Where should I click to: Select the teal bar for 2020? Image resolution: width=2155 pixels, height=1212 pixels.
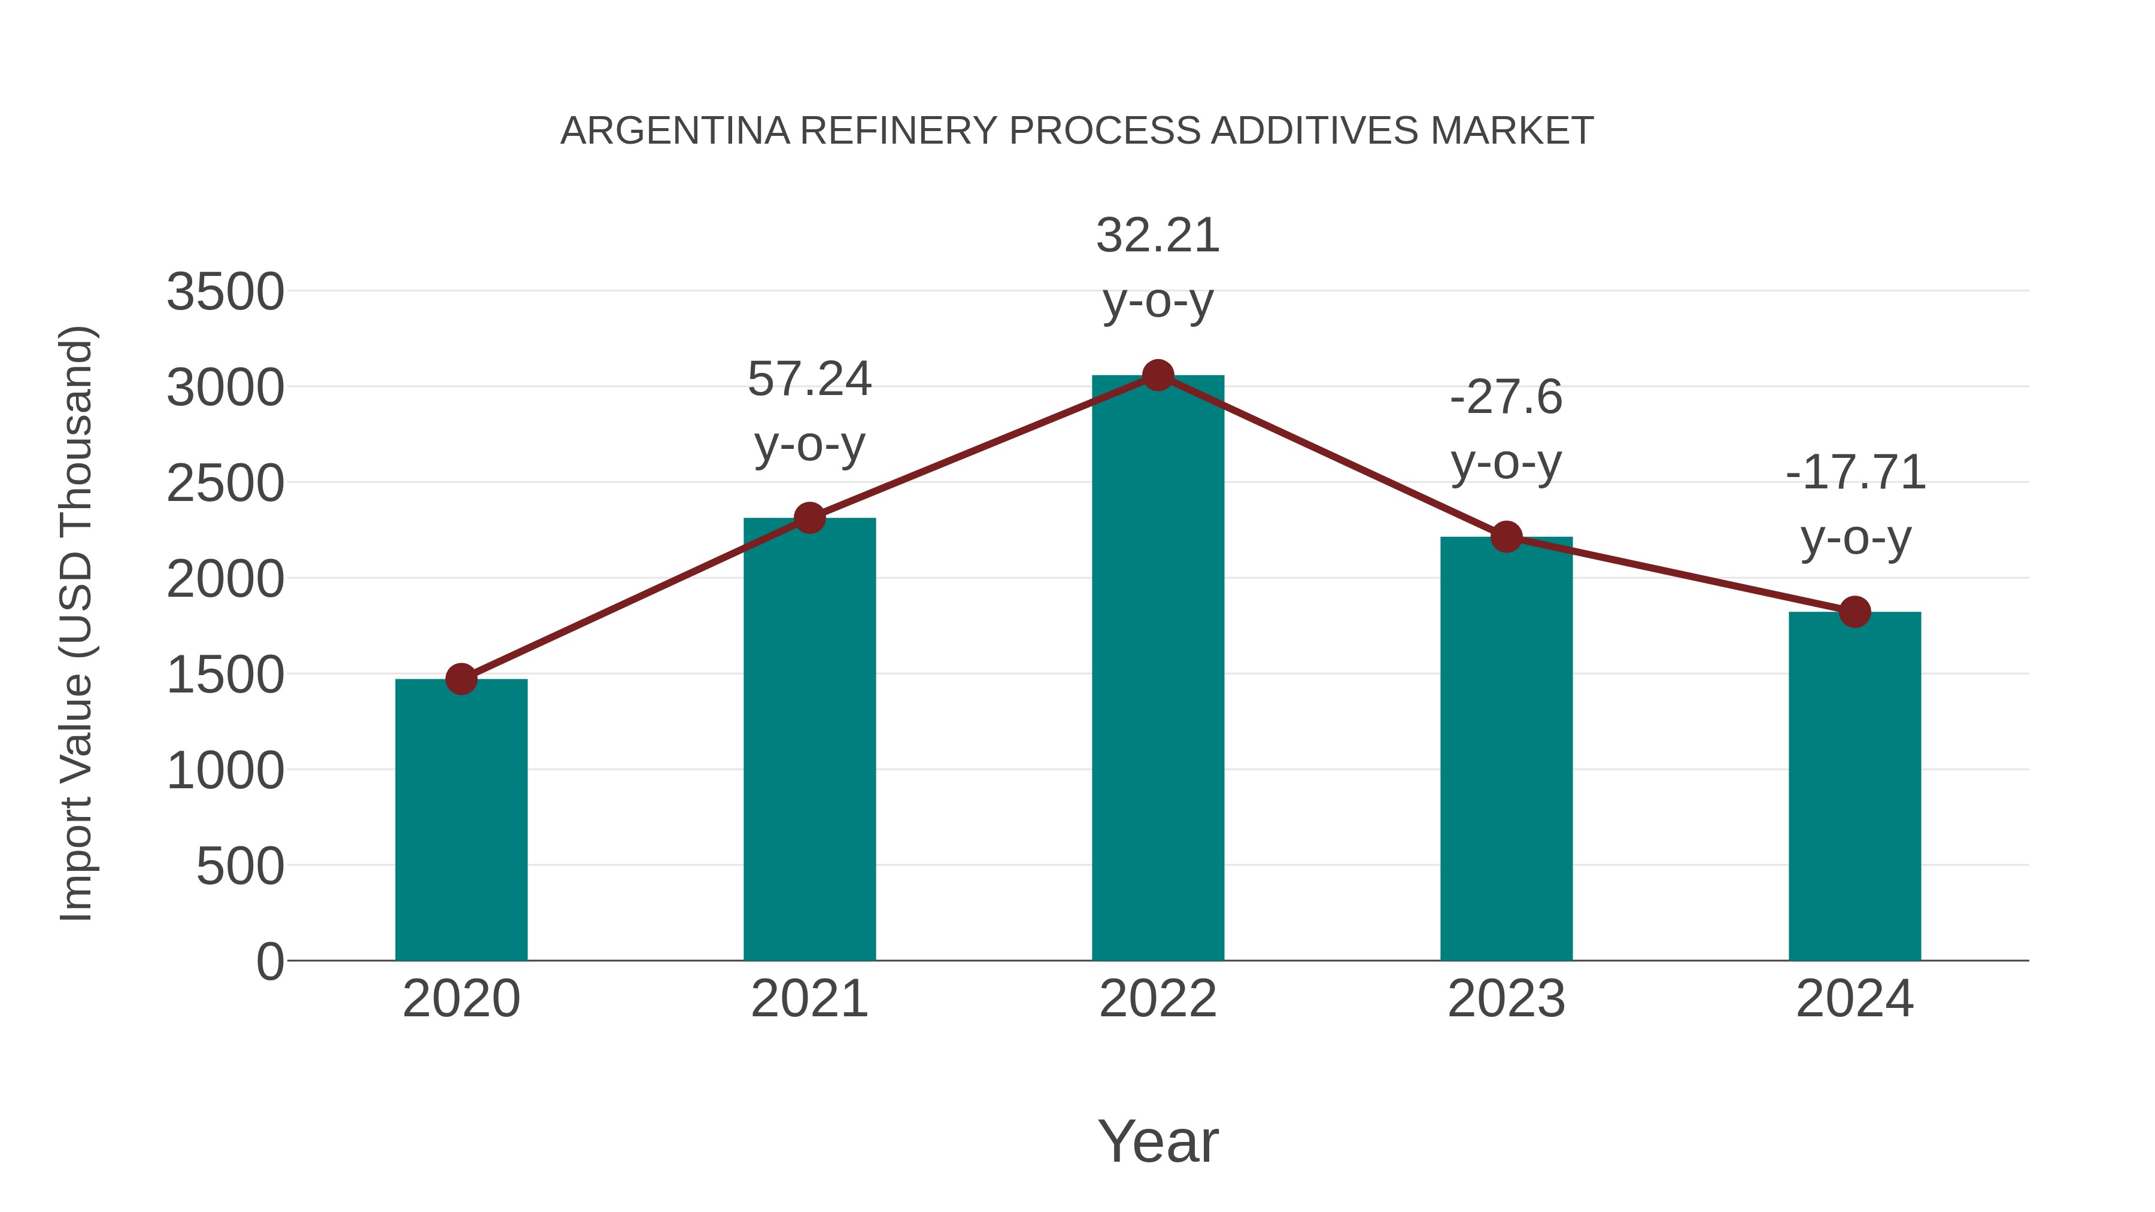[461, 820]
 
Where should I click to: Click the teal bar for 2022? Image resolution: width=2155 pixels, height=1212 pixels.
[1158, 669]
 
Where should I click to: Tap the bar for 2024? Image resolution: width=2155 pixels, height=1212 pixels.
[1854, 786]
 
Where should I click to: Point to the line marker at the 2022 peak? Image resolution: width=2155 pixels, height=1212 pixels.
[1158, 375]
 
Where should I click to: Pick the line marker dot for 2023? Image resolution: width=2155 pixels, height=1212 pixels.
[1506, 537]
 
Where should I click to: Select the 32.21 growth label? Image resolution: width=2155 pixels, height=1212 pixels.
[1158, 267]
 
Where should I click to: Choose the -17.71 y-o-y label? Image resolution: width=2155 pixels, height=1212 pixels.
[1854, 505]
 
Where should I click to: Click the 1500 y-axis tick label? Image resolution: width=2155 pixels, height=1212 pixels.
[225, 675]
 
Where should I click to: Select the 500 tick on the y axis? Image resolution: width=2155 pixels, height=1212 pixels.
[239, 867]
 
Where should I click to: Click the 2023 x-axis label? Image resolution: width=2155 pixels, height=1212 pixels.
[1506, 999]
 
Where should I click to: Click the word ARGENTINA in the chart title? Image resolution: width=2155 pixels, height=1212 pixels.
[674, 130]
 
